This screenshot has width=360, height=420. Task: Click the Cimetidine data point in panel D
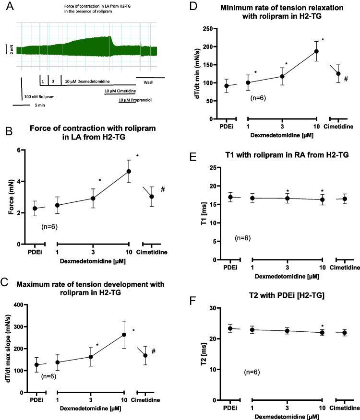pyautogui.click(x=338, y=73)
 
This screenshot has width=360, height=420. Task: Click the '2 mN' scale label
pyautogui.click(x=11, y=49)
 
